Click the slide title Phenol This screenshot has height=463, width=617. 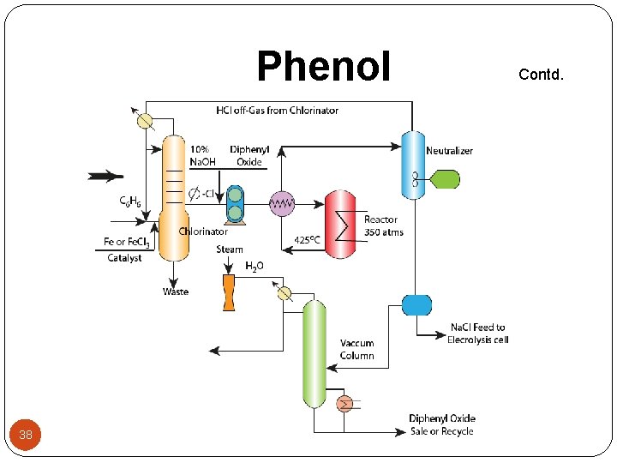coord(323,66)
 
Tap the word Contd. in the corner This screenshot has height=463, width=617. coord(542,74)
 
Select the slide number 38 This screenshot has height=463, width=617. coord(26,435)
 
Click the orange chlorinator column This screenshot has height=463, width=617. coord(174,197)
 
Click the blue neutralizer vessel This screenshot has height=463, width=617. coord(415,163)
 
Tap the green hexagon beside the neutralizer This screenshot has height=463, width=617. coord(445,179)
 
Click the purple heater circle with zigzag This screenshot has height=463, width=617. coord(281,203)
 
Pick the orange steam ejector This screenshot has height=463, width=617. coord(229,292)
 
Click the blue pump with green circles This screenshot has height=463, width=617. coord(234,205)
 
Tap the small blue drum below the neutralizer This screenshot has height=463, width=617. coord(416,304)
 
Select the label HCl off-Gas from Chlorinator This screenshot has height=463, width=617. coord(277,110)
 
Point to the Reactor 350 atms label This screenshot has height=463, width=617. coord(383,225)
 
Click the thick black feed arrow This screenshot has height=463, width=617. coord(105,177)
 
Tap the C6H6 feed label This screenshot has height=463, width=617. coord(131,201)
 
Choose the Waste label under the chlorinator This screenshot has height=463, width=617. coord(176,292)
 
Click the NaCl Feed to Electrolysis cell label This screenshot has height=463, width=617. coord(476,333)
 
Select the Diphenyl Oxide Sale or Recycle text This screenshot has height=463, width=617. coord(440,424)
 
